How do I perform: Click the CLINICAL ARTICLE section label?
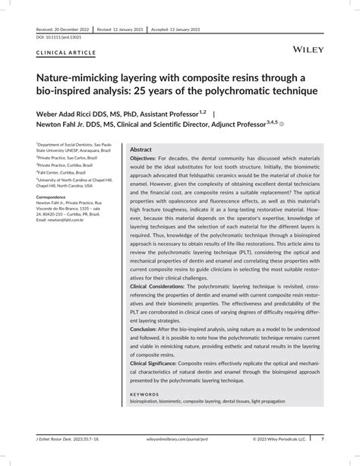(x=65, y=53)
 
